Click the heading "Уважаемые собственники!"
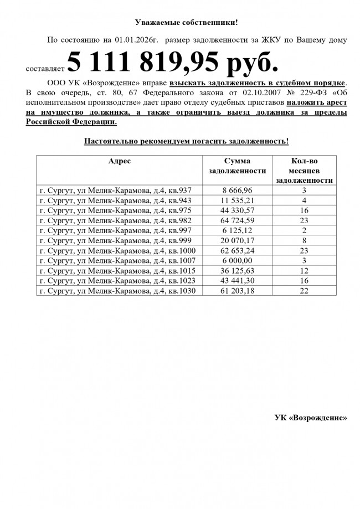pyautogui.click(x=186, y=23)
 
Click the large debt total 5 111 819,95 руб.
pyautogui.click(x=172, y=63)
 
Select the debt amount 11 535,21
pyautogui.click(x=238, y=200)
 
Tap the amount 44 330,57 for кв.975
pyautogui.click(x=238, y=210)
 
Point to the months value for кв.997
pyautogui.click(x=304, y=230)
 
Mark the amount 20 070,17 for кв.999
pyautogui.click(x=238, y=240)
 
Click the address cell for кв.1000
pyautogui.click(x=117, y=250)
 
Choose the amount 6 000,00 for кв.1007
pyautogui.click(x=238, y=260)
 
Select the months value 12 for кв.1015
pyautogui.click(x=304, y=270)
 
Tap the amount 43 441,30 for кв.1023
pyautogui.click(x=238, y=280)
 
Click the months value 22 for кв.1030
pyautogui.click(x=304, y=290)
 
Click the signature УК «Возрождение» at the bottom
pyautogui.click(x=311, y=417)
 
